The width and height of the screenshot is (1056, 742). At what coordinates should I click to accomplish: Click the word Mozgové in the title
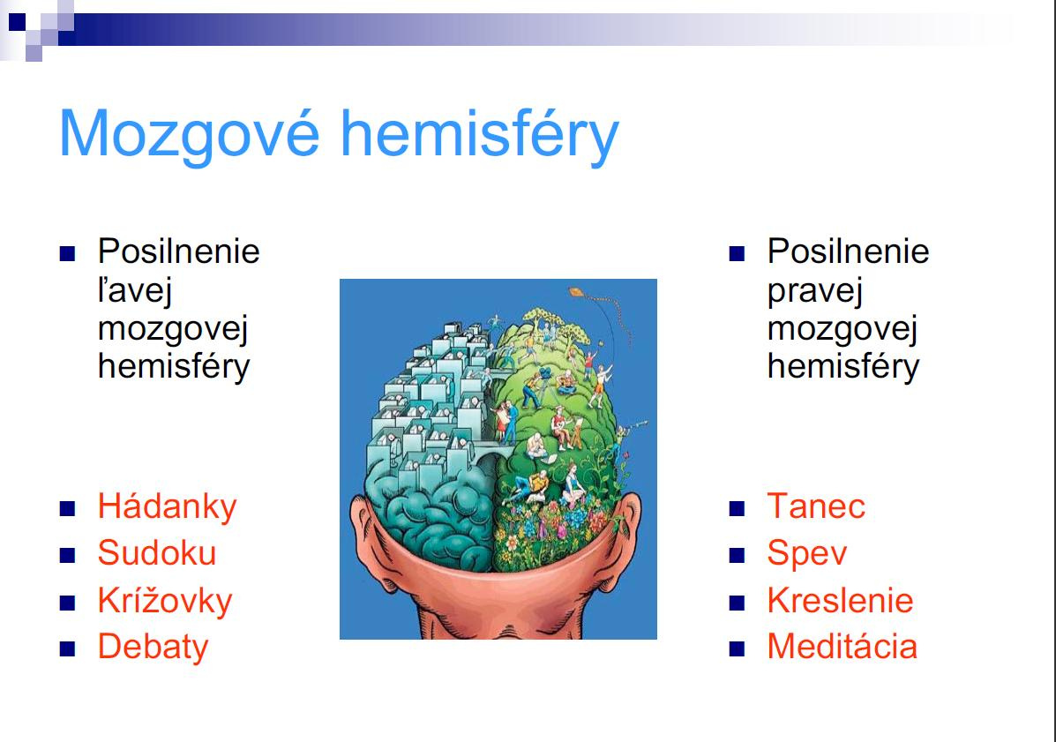click(190, 134)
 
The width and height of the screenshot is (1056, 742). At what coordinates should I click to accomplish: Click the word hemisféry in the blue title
click(480, 134)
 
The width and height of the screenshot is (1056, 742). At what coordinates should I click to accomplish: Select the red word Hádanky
click(167, 507)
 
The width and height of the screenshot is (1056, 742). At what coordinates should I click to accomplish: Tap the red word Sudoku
click(157, 553)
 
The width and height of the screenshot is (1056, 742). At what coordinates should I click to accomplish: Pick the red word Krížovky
click(165, 601)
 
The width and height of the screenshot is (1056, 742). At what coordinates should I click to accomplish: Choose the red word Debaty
click(153, 647)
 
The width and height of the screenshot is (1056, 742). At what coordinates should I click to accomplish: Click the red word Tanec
click(816, 506)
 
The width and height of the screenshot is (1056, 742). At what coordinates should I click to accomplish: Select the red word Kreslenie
click(841, 600)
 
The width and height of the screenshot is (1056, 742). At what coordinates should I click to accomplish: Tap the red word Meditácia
click(842, 647)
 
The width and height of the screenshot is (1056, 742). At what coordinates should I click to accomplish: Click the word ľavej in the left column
click(135, 291)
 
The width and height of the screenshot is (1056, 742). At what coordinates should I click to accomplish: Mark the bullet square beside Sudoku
click(67, 556)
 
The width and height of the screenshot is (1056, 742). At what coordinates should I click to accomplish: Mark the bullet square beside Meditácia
click(737, 648)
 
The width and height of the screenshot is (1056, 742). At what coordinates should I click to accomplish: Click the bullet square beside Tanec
click(737, 508)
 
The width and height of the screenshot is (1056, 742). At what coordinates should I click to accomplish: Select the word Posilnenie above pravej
click(848, 251)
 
